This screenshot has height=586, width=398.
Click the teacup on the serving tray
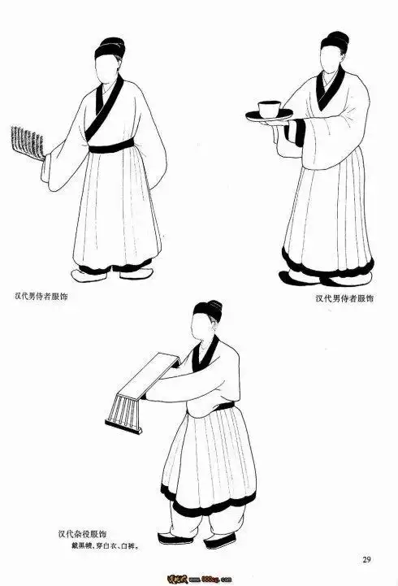tap(267, 108)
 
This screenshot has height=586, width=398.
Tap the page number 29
tap(366, 558)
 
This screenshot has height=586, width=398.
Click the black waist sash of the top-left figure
tap(111, 147)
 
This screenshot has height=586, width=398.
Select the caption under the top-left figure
tap(41, 296)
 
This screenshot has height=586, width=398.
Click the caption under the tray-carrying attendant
tap(344, 298)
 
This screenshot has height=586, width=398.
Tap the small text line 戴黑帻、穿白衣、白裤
tap(103, 547)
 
